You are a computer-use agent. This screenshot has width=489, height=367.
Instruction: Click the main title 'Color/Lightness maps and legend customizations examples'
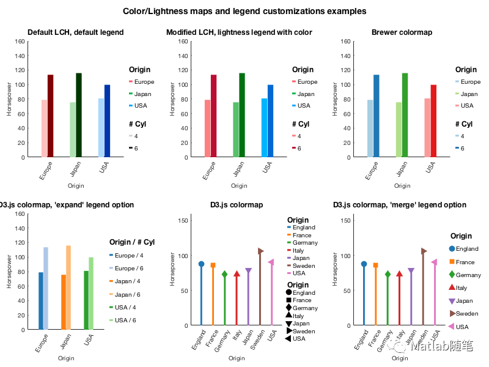[x=244, y=11]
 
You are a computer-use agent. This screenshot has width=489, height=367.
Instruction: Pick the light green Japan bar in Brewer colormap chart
[x=399, y=129]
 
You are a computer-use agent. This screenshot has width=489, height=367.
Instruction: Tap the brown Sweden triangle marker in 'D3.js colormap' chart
[x=261, y=251]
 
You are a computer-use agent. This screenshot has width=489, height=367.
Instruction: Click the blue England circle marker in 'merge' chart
[x=364, y=264]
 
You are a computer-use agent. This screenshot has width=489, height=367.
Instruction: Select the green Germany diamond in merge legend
[x=452, y=275]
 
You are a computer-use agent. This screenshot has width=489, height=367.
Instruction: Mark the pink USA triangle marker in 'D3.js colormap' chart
[x=271, y=262]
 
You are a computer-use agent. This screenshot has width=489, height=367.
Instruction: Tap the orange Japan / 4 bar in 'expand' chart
[x=63, y=302]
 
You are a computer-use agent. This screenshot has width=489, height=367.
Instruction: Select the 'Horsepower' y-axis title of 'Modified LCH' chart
[x=172, y=100]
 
